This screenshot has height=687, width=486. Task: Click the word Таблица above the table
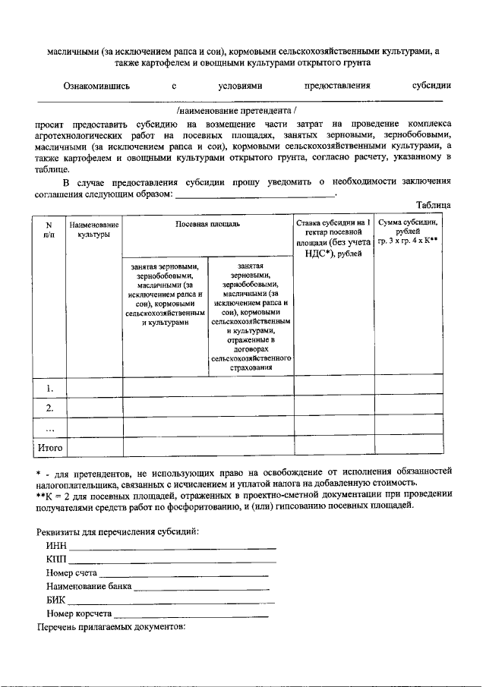point(434,205)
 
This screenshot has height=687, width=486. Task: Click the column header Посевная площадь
point(208,225)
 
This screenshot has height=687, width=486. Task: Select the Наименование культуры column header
point(93,230)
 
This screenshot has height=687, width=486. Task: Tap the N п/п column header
point(49,230)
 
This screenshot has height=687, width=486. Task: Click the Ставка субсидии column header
point(333,238)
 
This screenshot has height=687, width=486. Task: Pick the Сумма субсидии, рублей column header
point(408,230)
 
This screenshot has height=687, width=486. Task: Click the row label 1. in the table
point(49,388)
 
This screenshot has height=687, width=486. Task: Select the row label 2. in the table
point(49,408)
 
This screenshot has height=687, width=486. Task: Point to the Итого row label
point(49,448)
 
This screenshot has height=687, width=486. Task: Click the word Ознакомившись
point(96,86)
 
